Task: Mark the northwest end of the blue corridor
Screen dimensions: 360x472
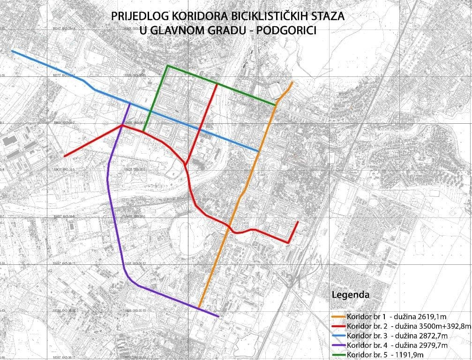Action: (x=12, y=51)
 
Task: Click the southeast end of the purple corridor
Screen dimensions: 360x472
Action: (x=218, y=316)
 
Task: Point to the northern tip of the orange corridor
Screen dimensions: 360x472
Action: (x=292, y=82)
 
